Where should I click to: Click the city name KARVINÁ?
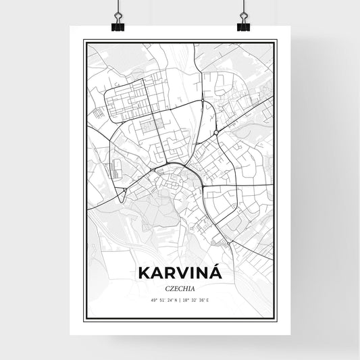tap(179, 273)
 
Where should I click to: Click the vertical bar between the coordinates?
tap(180, 300)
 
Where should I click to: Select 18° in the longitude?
tap(186, 300)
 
